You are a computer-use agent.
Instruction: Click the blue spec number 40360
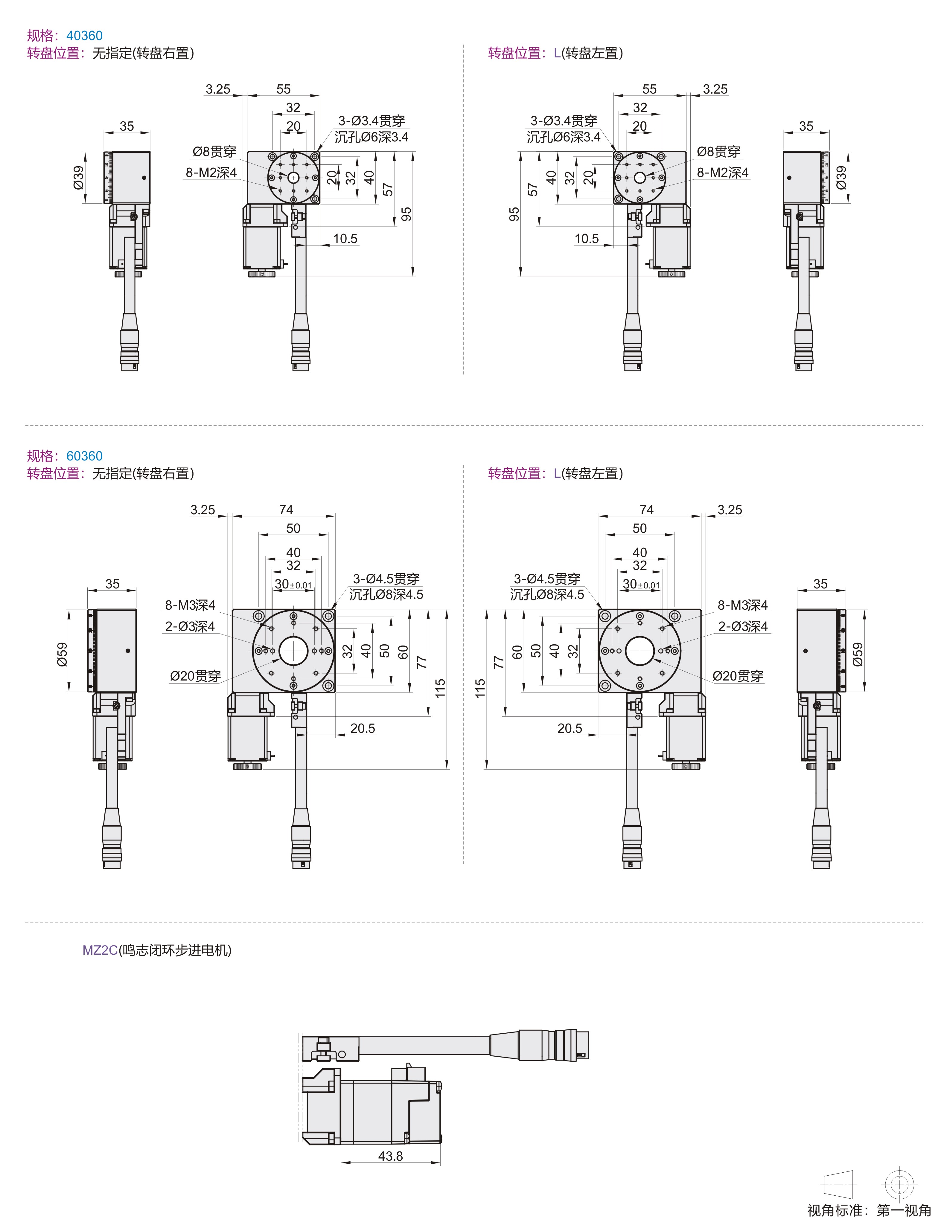pos(84,36)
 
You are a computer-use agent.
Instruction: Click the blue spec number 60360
pos(84,456)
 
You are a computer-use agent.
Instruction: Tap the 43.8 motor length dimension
pos(390,1156)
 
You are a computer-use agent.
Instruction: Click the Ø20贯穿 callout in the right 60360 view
pos(738,676)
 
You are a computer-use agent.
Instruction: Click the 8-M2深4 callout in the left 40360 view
pos(211,173)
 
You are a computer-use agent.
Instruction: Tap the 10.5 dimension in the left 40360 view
pos(345,239)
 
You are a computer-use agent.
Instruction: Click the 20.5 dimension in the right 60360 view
pos(570,728)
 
